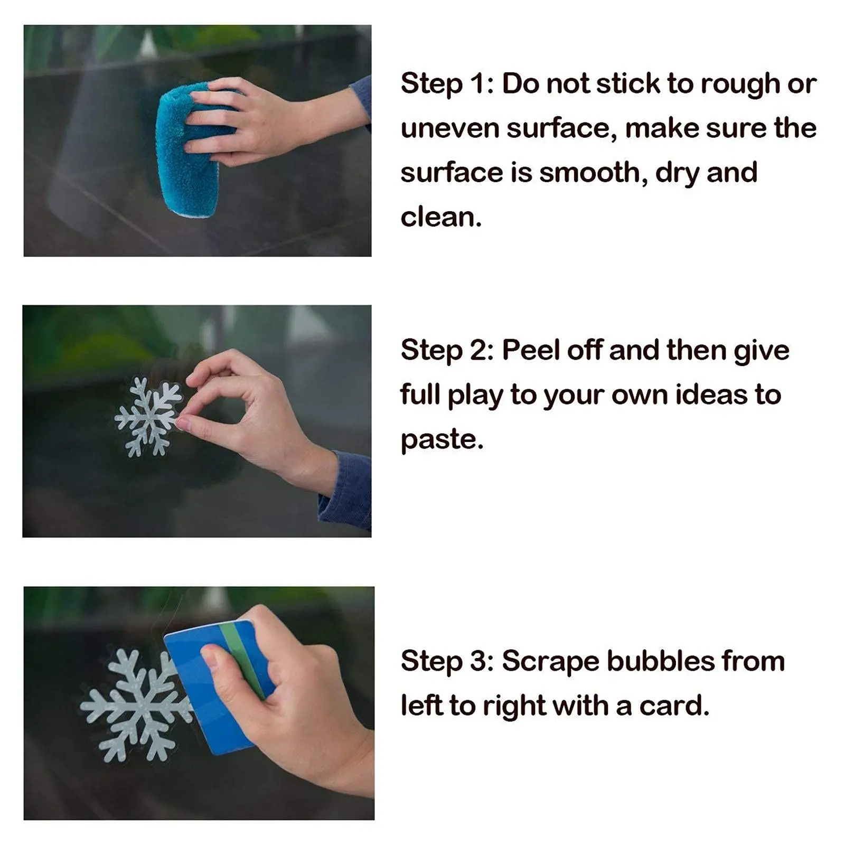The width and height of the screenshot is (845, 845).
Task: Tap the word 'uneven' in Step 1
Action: (449, 128)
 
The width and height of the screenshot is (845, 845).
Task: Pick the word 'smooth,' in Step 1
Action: (594, 173)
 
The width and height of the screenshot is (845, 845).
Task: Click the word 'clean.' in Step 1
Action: (441, 217)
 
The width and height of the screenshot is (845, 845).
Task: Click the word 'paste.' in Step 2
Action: (442, 440)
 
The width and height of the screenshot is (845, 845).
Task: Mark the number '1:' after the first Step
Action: (483, 84)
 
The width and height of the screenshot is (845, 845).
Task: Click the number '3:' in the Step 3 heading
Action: (482, 661)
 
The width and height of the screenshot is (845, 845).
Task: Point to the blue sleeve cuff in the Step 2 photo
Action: (346, 489)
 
